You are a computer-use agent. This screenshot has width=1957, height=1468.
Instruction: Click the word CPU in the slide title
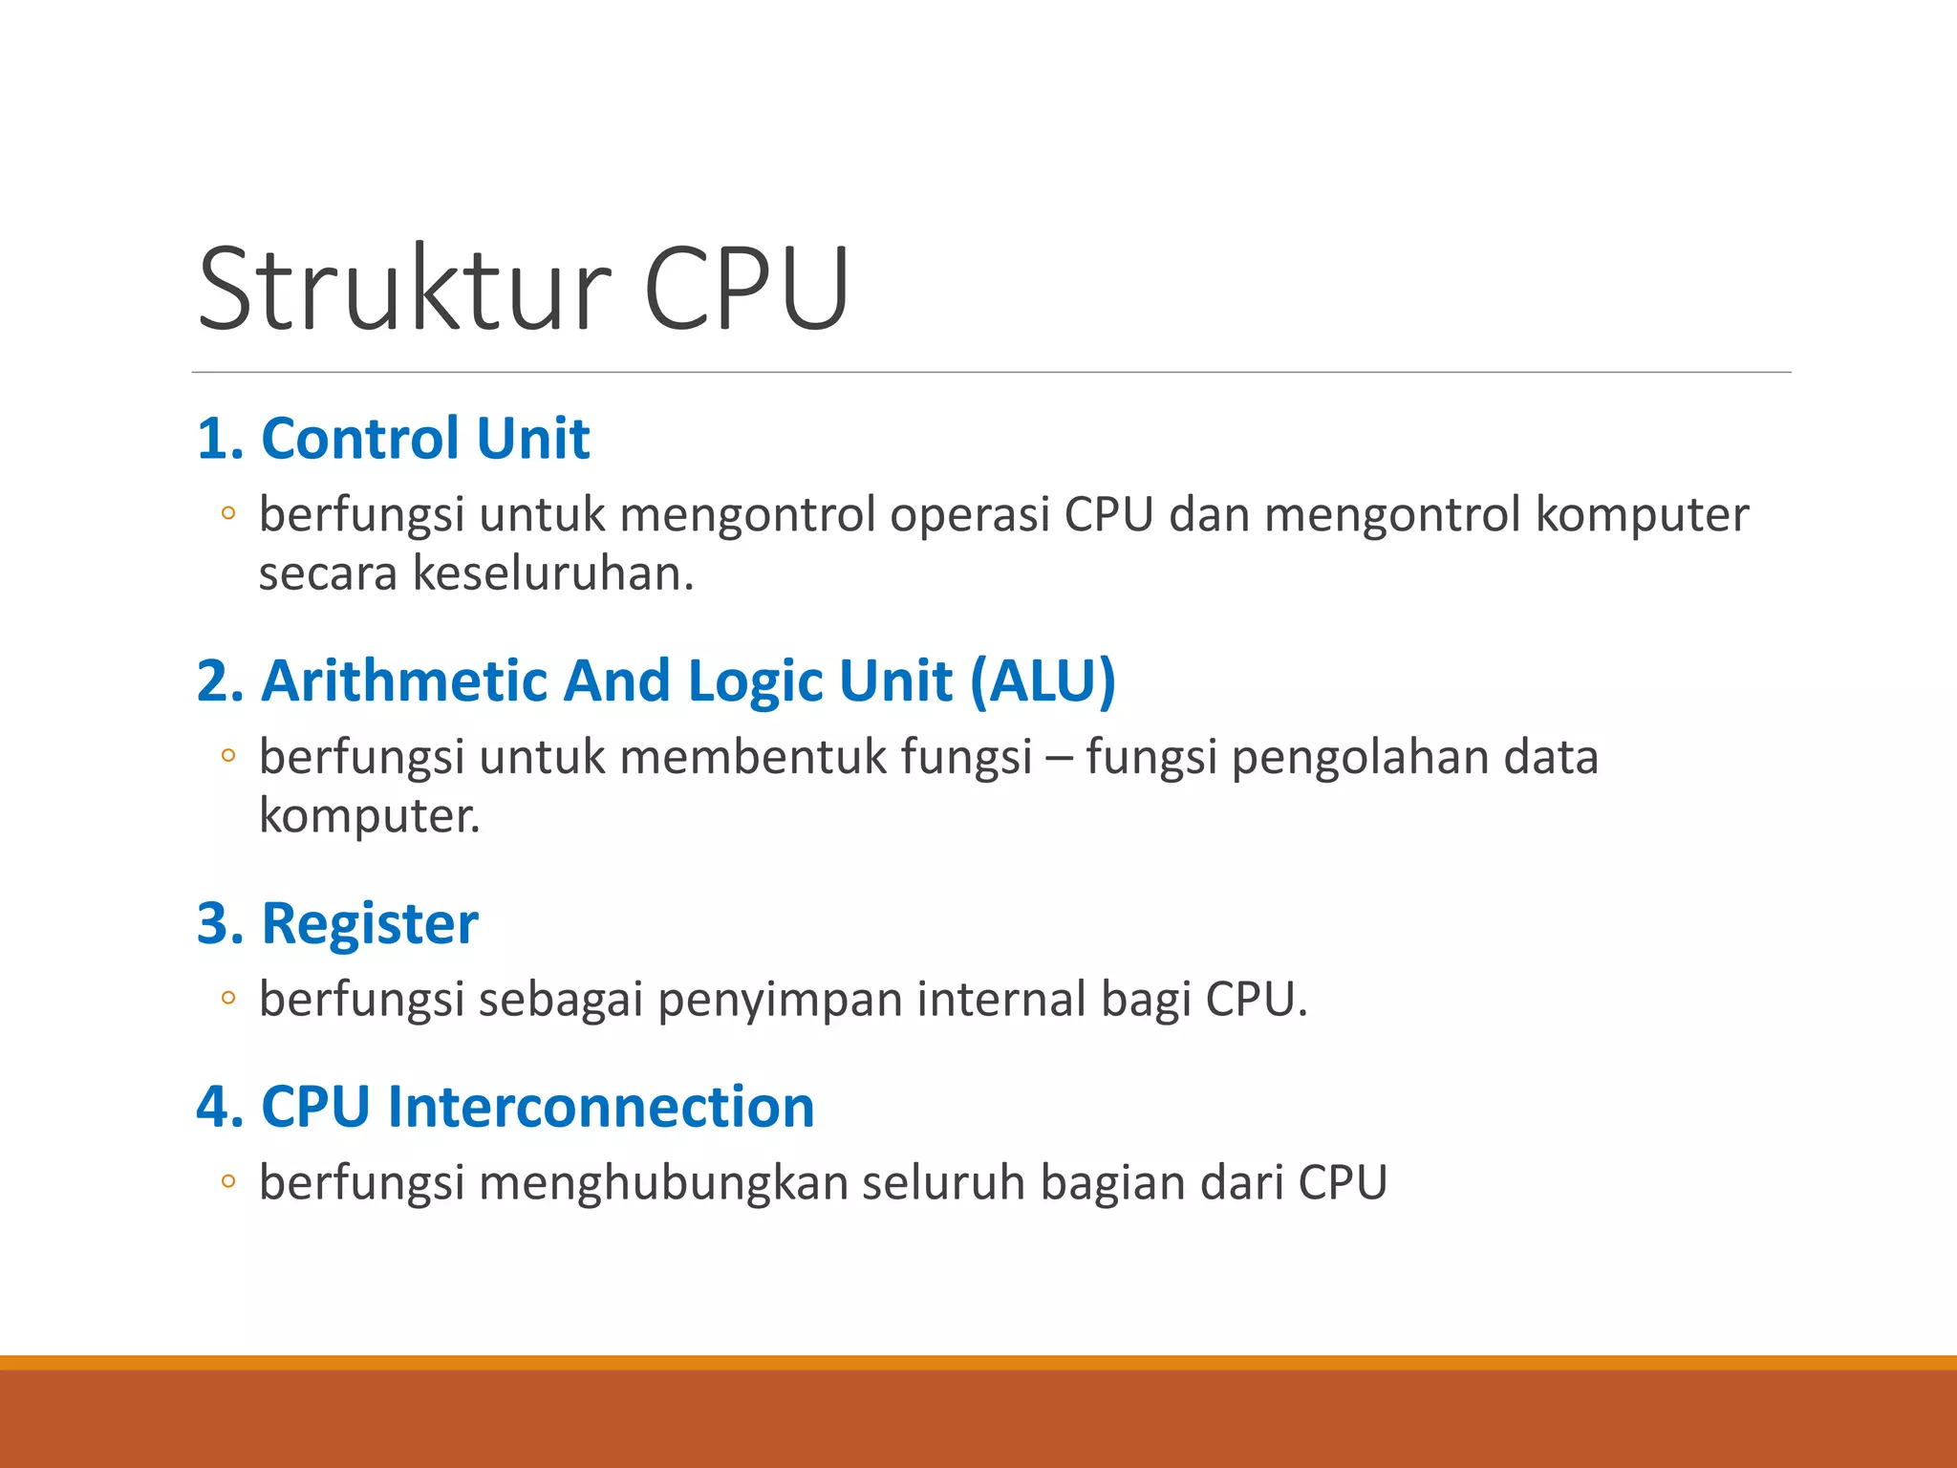(x=746, y=289)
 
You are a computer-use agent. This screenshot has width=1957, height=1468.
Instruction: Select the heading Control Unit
(x=425, y=439)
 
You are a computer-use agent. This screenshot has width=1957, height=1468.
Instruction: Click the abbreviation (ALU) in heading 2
(x=1043, y=681)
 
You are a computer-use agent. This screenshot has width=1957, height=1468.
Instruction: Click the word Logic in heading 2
(x=754, y=681)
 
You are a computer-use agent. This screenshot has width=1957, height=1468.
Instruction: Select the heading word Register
(x=370, y=924)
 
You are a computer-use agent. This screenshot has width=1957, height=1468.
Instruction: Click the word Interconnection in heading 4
(x=601, y=1107)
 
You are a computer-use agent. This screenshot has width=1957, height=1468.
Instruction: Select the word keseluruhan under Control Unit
(x=552, y=574)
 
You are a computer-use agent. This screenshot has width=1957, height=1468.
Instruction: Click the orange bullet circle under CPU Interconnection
(x=227, y=1182)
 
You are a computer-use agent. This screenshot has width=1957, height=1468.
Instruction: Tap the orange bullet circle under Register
(x=227, y=999)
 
